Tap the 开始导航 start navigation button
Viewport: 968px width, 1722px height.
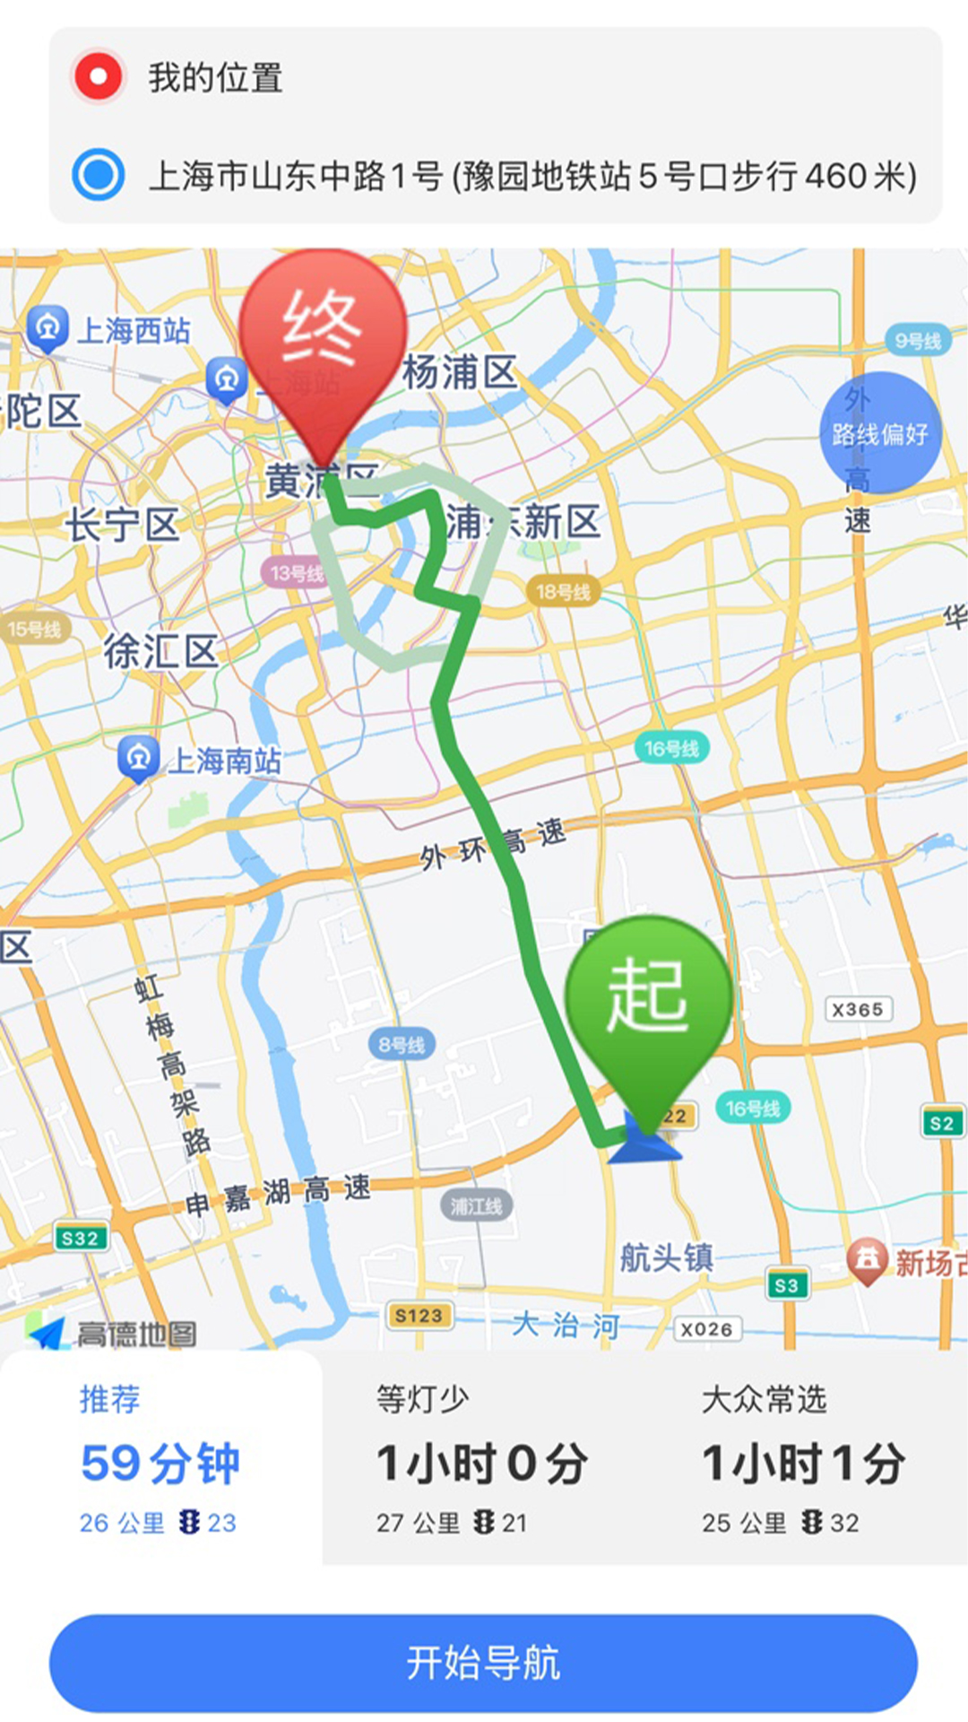tap(483, 1663)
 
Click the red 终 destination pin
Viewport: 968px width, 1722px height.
tap(323, 341)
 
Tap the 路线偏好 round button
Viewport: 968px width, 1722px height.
tap(880, 434)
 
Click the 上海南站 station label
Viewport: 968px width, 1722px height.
tap(224, 761)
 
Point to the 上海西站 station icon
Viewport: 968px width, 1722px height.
tap(48, 328)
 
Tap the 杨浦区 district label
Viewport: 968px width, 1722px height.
tap(460, 372)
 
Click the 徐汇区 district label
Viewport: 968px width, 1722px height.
tap(160, 651)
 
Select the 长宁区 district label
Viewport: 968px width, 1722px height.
tap(122, 525)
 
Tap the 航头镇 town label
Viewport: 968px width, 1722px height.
tap(666, 1257)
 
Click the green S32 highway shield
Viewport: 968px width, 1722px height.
tap(80, 1239)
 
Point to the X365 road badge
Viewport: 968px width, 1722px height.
tap(858, 1010)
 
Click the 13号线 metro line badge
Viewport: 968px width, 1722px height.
tap(297, 573)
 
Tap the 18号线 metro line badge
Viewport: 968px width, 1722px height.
tap(563, 592)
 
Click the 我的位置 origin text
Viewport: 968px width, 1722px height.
tap(215, 78)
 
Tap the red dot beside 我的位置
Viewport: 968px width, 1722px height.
tap(98, 77)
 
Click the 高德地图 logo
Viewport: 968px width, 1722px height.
tap(112, 1334)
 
